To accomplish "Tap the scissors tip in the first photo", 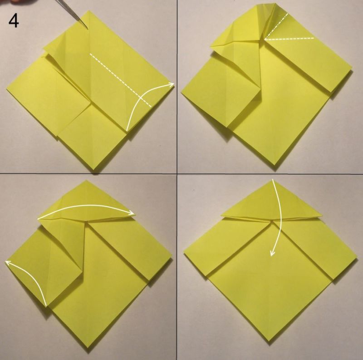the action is tap(88, 30).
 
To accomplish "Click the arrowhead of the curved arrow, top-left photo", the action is tap(172, 84).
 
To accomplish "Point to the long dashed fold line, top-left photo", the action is tap(120, 80).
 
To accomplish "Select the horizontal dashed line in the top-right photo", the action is tap(289, 39).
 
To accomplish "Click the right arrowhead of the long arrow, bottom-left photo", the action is tap(132, 213).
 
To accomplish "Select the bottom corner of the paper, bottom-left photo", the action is tap(88, 347).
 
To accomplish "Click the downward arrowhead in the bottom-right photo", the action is tap(272, 254).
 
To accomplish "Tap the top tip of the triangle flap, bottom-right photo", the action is tap(272, 180).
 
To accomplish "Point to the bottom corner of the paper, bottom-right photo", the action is tap(269, 340).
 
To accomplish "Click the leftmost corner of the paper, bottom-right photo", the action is tap(185, 254).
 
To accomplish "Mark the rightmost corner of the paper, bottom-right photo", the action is tap(356, 260).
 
